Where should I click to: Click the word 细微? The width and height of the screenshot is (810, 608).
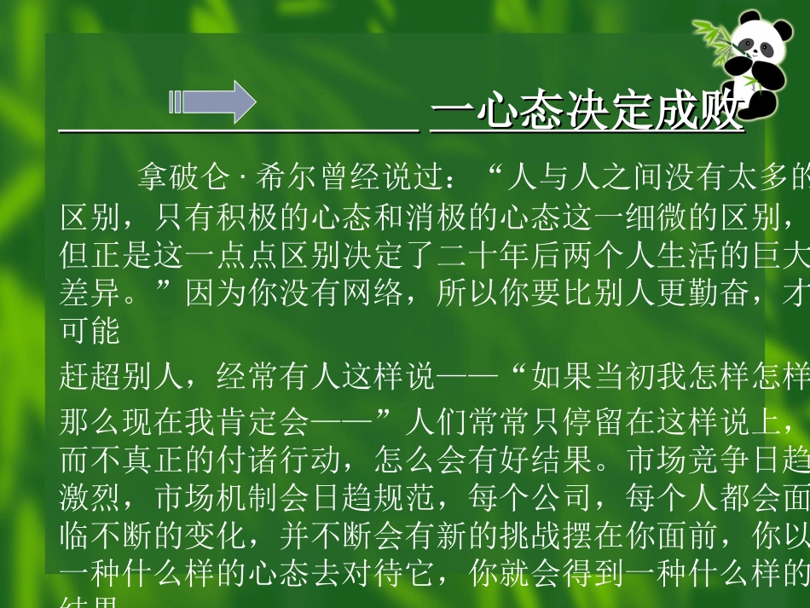[x=644, y=218]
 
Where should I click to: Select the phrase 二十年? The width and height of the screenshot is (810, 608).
[x=486, y=256]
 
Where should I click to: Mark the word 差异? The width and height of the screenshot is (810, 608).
[x=84, y=294]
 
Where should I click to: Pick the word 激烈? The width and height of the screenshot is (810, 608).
[x=84, y=498]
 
